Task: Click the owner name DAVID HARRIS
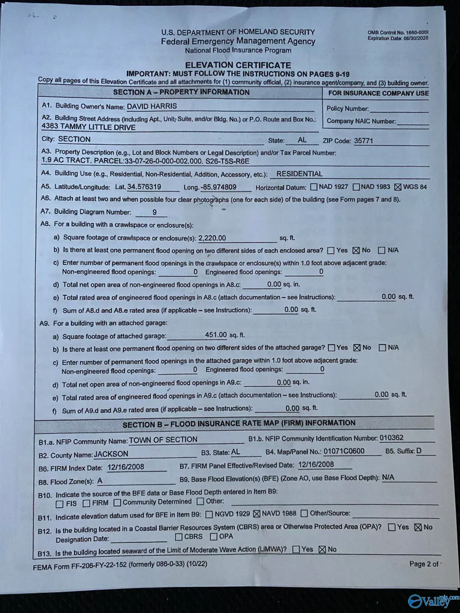point(152,106)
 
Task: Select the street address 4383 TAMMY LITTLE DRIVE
point(89,127)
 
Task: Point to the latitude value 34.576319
point(144,187)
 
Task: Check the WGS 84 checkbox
point(398,187)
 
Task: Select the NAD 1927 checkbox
point(313,187)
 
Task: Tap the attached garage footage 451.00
point(216,335)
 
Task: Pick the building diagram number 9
point(154,212)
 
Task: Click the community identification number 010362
point(391,438)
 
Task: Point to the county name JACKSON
point(111,454)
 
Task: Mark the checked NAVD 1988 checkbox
point(257,513)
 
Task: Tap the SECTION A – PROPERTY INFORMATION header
point(181,93)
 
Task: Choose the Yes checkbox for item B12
point(392,527)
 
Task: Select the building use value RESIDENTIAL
point(299,174)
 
